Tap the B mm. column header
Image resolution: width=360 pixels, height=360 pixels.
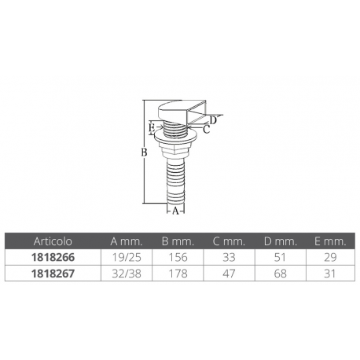(x=178, y=241)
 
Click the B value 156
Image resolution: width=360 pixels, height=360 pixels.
(x=178, y=256)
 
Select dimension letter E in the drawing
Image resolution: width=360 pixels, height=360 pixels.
(x=152, y=126)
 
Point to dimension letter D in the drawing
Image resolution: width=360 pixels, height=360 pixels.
(x=213, y=119)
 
